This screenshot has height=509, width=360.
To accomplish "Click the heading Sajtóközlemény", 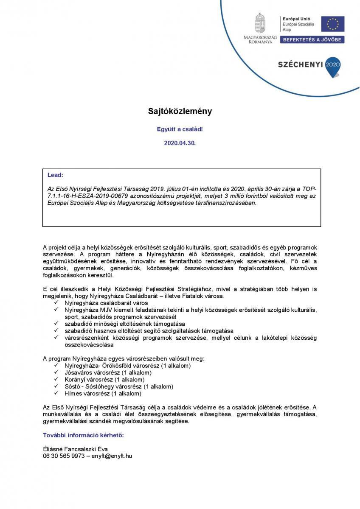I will (180, 112).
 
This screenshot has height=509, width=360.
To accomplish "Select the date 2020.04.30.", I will (180, 143).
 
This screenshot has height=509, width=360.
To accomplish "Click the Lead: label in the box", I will (55, 175).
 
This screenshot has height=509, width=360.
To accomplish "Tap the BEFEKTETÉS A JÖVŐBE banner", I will (313, 39).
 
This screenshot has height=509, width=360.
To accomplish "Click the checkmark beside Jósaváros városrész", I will (56, 372).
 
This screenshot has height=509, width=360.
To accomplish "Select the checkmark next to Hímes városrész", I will (56, 393).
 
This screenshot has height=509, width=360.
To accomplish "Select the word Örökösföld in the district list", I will (113, 366).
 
